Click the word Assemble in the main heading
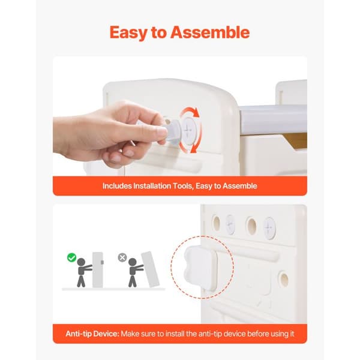(210, 32)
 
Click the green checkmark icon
(71, 257)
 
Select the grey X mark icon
(122, 257)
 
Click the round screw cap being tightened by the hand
(188, 130)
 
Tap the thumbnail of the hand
(163, 132)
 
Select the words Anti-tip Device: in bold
(92, 334)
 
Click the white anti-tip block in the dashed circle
(200, 268)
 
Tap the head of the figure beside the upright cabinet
(81, 262)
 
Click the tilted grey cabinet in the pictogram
(151, 269)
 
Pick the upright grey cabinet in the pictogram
(98, 270)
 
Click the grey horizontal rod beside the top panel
(273, 119)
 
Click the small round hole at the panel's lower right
(284, 279)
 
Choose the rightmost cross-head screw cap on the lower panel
(269, 228)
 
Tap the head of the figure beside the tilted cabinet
(133, 262)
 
